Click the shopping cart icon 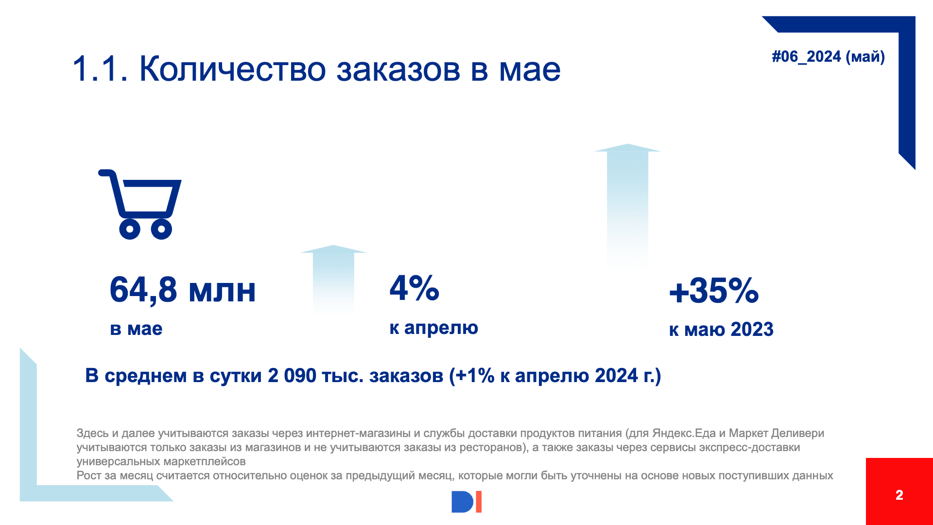[140, 204]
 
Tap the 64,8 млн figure [183, 290]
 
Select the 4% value [414, 288]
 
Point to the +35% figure [713, 291]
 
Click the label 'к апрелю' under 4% [433, 328]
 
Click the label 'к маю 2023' [721, 330]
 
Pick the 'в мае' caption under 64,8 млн [136, 329]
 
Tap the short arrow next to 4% [333, 277]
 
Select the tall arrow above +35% [627, 204]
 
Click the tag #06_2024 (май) [828, 57]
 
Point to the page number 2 [899, 495]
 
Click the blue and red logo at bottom [466, 502]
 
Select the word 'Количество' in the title [232, 69]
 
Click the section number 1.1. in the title [100, 69]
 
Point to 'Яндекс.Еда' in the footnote [684, 433]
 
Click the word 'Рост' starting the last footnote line [89, 475]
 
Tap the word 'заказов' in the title [398, 69]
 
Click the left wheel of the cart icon [130, 228]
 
